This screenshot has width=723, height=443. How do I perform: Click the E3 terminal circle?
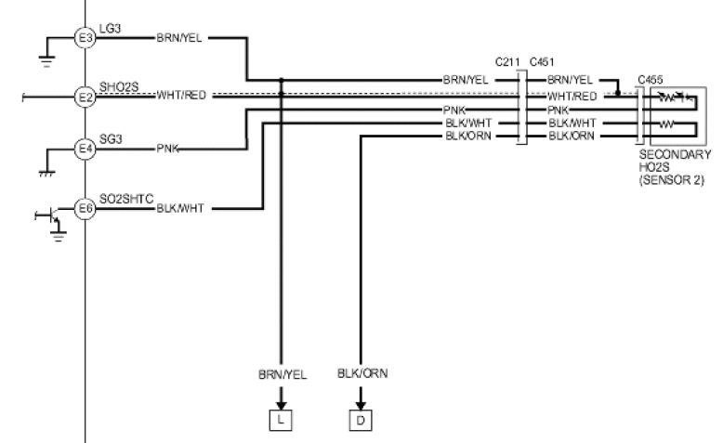coord(85,38)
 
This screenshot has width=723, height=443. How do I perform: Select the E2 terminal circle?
coord(85,98)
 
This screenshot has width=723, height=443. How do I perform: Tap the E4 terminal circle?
coord(85,149)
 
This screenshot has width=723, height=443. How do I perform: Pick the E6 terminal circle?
coord(85,209)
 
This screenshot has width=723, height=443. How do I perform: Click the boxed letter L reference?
coord(281,420)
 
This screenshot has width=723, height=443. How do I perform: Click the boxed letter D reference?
coord(361,420)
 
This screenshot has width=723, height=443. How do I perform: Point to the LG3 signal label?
coord(111,28)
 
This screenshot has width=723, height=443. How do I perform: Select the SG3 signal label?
coord(111,138)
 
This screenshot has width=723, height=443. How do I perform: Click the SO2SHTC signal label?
coord(126,199)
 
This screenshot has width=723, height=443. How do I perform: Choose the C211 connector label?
coord(507,62)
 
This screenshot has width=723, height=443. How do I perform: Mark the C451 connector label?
coord(543,62)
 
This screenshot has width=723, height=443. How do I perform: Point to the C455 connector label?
coord(651,80)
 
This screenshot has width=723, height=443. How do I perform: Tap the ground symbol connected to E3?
coord(46,60)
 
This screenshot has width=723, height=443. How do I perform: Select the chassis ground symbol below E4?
coord(47,174)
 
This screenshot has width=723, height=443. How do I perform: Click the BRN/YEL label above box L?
coord(283,375)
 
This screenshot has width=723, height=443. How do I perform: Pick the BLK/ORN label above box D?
coord(362,373)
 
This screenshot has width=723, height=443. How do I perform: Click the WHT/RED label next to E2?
coord(181,96)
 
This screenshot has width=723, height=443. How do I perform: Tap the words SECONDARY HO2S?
coord(675,161)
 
